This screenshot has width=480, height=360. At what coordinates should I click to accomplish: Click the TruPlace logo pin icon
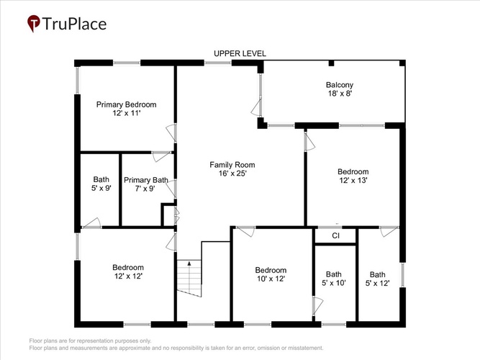coord(33,23)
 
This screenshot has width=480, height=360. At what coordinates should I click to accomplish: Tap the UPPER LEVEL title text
coord(240,53)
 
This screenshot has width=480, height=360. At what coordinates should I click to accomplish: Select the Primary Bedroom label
coord(127,104)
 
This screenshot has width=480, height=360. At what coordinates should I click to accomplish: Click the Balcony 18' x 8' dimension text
coord(340,94)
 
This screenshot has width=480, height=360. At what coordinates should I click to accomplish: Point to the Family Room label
coord(232,165)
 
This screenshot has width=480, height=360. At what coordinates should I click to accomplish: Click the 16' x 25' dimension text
coord(232,174)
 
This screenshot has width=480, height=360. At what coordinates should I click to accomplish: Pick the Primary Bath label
coord(145,180)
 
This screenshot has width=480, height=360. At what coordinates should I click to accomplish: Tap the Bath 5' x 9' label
coord(101,184)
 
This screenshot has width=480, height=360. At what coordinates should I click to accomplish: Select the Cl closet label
coord(335,235)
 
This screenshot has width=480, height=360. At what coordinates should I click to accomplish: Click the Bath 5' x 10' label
coord(334,279)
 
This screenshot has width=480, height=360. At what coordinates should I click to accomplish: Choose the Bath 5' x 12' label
coord(377,279)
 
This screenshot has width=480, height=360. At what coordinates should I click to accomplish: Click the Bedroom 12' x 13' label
coord(353,176)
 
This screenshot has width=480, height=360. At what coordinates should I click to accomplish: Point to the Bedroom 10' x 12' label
coord(271,274)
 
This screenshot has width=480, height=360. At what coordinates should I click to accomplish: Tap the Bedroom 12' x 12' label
coord(128,271)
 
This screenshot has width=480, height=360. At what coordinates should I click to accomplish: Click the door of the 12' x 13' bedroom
coord(309,142)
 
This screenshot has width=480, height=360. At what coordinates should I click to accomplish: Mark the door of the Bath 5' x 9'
coord(92,223)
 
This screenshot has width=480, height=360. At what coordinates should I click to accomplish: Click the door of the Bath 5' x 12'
coord(389,231)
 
